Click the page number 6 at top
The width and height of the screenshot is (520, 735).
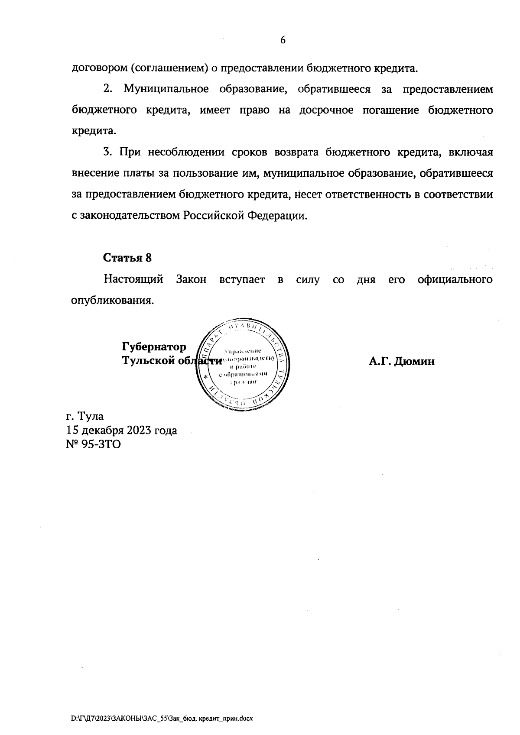(x=283, y=40)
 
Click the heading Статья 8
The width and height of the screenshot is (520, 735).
(x=127, y=258)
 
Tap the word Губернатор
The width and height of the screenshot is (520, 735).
(x=154, y=347)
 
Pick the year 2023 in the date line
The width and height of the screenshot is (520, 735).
(x=140, y=431)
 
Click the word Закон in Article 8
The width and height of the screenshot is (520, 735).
(x=192, y=279)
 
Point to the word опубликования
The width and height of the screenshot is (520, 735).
(x=112, y=301)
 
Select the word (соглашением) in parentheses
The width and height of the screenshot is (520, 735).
(x=165, y=68)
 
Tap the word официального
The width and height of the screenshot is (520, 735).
(x=455, y=279)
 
